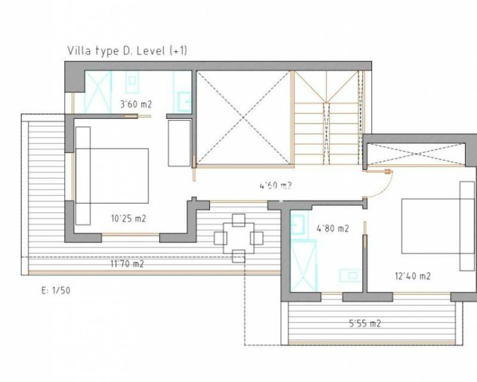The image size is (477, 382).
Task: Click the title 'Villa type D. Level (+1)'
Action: click(x=127, y=51)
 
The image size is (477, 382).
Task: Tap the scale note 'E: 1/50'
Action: click(x=56, y=290)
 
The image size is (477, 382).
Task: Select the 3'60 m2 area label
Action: click(x=136, y=104)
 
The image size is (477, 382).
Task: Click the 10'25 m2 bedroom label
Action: click(x=128, y=219)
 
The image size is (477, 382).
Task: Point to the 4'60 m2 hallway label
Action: click(x=275, y=186)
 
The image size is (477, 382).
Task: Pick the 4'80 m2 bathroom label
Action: click(x=333, y=228)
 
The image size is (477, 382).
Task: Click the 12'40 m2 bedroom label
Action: click(x=413, y=276)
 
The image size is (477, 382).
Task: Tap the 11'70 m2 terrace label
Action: click(x=127, y=264)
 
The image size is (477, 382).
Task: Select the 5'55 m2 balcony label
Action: click(x=365, y=324)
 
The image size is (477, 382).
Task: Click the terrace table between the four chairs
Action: click(x=238, y=238)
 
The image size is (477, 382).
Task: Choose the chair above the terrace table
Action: click(x=238, y=220)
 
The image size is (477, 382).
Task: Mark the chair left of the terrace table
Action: click(x=220, y=238)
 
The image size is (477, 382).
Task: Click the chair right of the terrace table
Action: click(x=257, y=238)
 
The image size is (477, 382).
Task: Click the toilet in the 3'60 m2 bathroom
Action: click(x=132, y=82)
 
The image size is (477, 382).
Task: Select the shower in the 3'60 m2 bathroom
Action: click(x=98, y=92)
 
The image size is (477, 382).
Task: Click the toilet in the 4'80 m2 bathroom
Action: click(x=351, y=276)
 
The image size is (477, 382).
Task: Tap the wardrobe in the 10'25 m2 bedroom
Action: click(x=179, y=143)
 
